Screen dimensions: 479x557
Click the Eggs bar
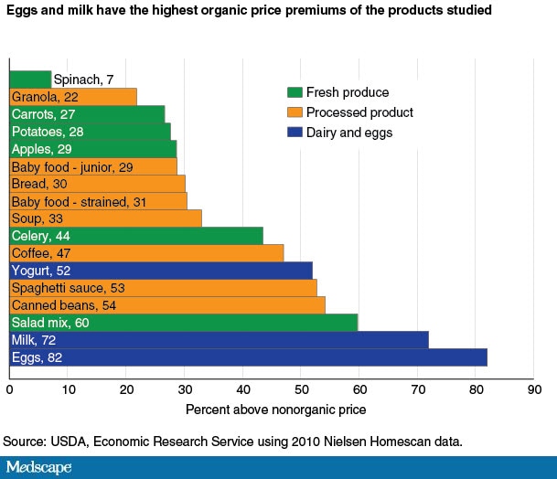click(248, 357)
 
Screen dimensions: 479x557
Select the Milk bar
click(219, 340)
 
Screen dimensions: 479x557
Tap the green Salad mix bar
click(183, 323)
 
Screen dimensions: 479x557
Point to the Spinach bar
click(29, 80)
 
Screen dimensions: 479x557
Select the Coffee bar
click(146, 253)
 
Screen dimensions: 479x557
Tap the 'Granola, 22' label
click(43, 97)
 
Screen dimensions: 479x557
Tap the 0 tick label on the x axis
click(9, 388)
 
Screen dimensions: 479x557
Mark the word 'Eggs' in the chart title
click(23, 11)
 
